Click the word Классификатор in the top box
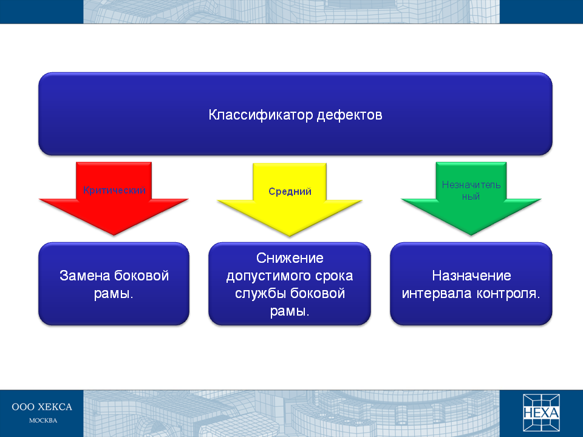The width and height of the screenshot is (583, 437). [261, 115]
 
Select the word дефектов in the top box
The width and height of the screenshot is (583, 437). [350, 115]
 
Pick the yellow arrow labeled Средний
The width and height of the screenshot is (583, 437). [289, 200]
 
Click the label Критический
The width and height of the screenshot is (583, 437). [114, 190]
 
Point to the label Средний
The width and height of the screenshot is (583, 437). [290, 191]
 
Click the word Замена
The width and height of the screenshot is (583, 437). [84, 276]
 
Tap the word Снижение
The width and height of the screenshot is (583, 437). [290, 258]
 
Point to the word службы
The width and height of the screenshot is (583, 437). [261, 294]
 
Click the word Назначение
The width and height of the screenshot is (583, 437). [471, 276]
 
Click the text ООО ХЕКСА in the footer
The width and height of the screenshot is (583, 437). [42, 407]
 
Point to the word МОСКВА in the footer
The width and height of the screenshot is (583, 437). [43, 421]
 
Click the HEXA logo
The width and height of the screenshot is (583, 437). [541, 413]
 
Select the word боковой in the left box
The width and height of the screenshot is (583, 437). [141, 276]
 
